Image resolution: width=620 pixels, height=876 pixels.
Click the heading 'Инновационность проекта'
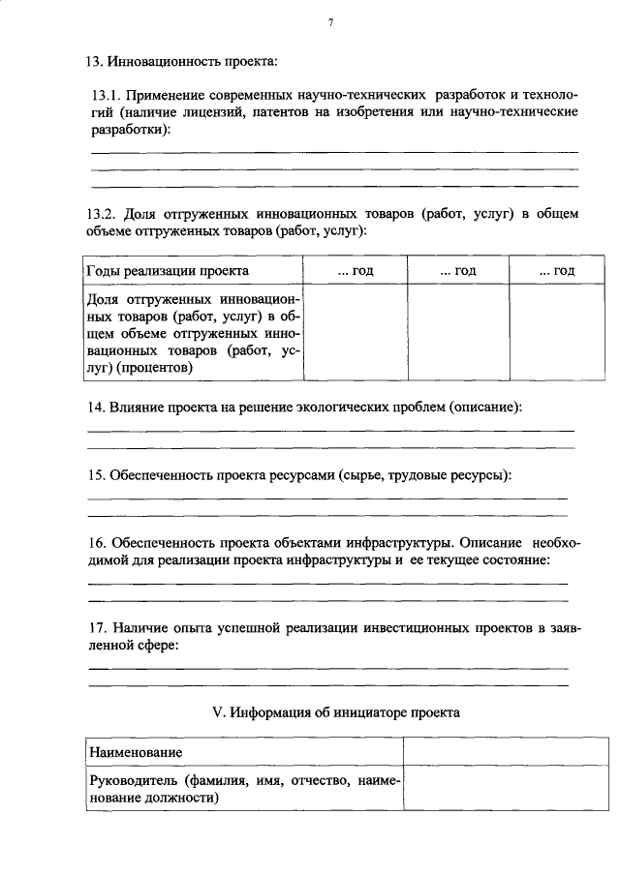194,63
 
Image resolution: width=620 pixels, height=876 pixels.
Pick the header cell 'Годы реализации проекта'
168,271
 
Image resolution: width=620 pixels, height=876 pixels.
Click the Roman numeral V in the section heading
217,713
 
